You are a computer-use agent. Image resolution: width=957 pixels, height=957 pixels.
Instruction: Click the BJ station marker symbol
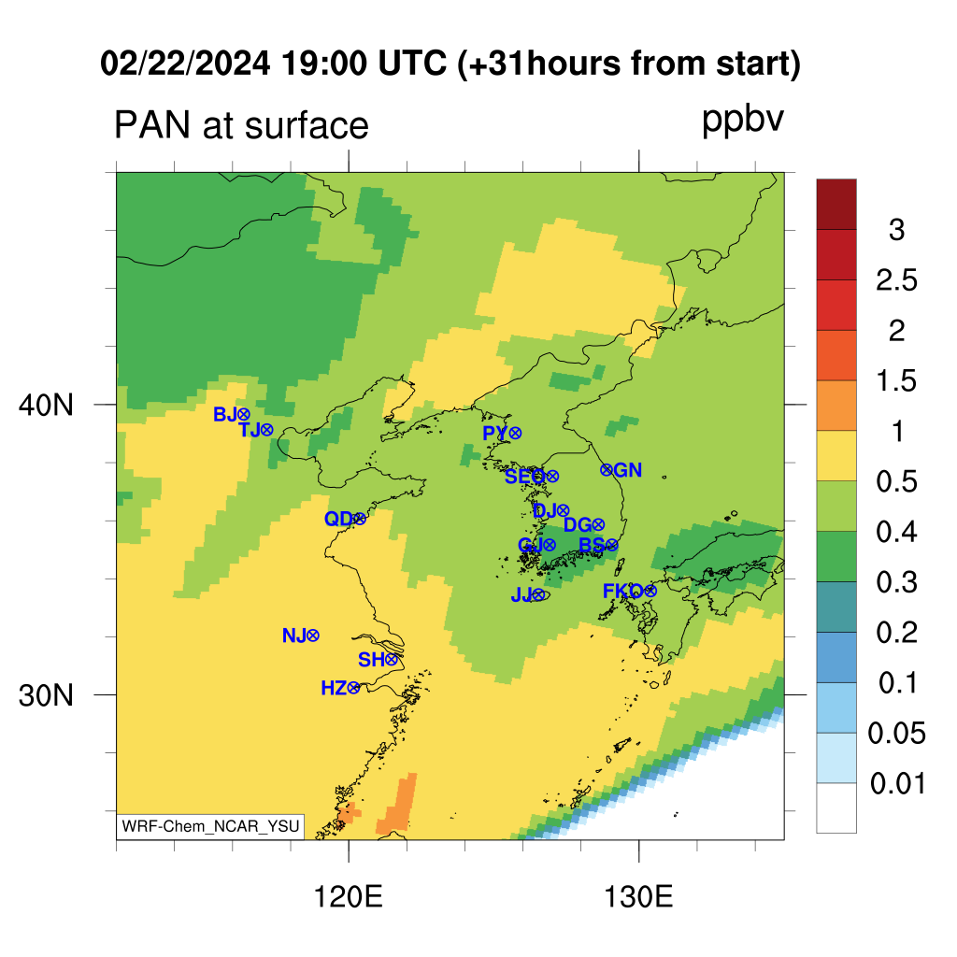point(244,414)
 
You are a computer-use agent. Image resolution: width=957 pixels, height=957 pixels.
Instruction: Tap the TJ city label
point(250,430)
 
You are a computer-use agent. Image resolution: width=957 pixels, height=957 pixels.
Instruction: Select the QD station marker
point(360,519)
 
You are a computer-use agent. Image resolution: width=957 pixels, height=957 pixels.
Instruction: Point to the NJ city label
point(293,636)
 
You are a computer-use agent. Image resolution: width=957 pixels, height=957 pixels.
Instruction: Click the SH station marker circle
point(392,659)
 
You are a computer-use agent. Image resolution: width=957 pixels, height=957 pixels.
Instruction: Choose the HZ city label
point(334,689)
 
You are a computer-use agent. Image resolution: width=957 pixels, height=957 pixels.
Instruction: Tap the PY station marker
point(516,434)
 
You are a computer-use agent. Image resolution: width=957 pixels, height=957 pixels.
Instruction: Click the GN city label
point(627,470)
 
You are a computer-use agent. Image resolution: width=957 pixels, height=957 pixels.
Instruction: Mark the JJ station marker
point(538,594)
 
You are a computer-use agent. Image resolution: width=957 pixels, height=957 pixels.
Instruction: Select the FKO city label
point(622,591)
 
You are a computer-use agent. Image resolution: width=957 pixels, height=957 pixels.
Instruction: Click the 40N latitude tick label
point(46,405)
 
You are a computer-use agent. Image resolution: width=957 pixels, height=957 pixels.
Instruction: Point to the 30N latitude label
point(46,695)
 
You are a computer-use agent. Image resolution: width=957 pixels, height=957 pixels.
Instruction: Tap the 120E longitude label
point(348,898)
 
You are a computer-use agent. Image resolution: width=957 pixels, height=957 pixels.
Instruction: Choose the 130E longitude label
point(638,898)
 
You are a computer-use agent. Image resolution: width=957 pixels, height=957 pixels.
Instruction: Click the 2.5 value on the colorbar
point(896,280)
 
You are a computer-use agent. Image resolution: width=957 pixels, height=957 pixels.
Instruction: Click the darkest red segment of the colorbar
point(836,205)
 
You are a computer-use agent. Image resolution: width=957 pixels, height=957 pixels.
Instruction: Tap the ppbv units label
point(743,121)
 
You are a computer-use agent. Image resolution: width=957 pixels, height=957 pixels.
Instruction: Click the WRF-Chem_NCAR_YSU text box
point(210,826)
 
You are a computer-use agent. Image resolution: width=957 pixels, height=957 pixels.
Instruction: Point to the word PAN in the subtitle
point(152,126)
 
